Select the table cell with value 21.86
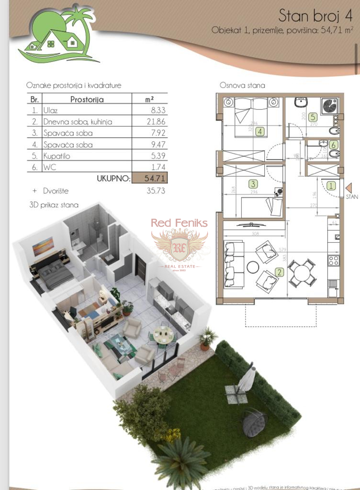(149, 122)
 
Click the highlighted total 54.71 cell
(149, 178)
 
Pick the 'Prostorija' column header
(87, 100)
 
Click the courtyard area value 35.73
(149, 190)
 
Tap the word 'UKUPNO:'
(113, 178)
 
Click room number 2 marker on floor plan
(279, 272)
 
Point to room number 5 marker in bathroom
(312, 116)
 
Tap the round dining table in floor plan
(302, 272)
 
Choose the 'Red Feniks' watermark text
(179, 223)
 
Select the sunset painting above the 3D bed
(43, 246)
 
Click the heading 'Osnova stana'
(242, 85)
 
